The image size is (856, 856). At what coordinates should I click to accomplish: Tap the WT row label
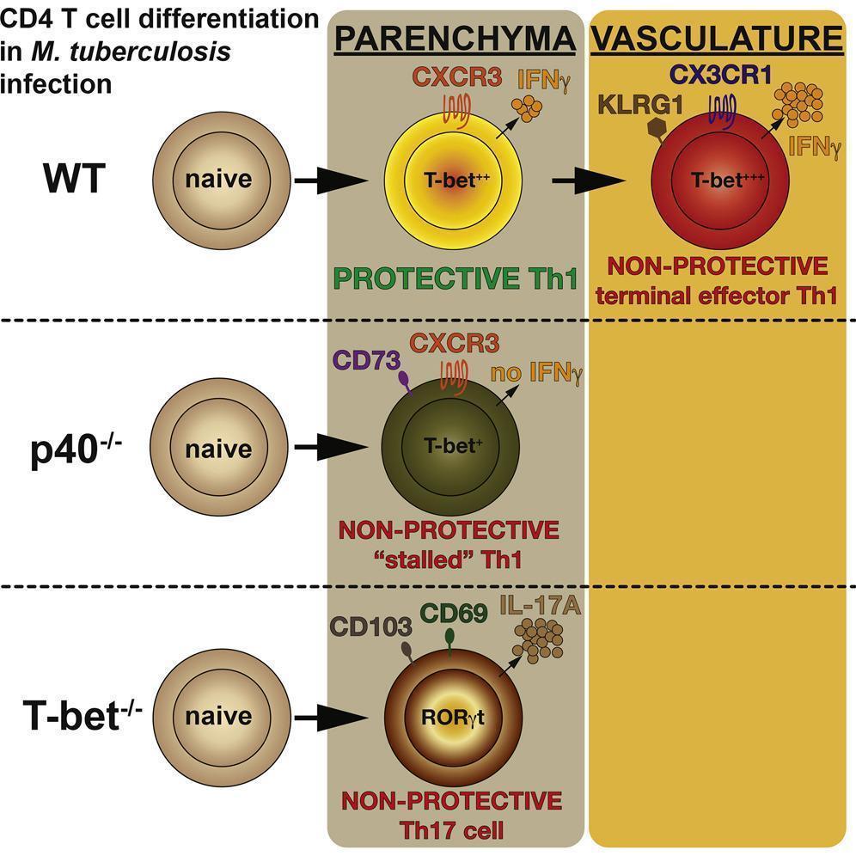(74, 180)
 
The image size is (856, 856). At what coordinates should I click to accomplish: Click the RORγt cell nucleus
(452, 720)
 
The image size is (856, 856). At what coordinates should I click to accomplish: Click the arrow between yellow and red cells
(587, 180)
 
